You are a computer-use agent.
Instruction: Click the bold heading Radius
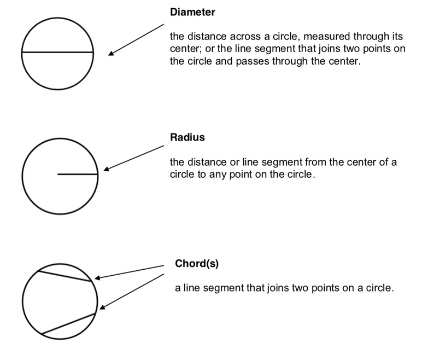point(187,137)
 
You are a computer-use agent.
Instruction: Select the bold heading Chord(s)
point(197,263)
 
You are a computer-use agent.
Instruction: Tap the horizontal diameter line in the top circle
point(57,52)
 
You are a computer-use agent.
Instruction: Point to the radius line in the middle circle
point(78,175)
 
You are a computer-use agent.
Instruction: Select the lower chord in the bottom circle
point(68,324)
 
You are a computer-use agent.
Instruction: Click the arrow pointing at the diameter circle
point(137,39)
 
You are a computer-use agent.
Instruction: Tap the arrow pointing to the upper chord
point(129,272)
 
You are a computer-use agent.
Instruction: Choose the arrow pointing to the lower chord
point(131,291)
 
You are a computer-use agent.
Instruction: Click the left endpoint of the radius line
point(58,175)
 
